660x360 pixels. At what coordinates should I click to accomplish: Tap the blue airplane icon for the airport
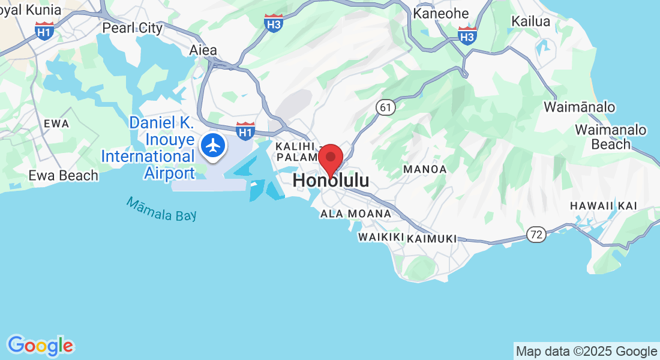coord(212,145)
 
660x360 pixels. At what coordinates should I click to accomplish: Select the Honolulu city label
coord(331,181)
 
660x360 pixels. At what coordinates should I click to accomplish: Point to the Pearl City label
coord(132,28)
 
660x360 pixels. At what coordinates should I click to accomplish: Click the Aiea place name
coord(203,50)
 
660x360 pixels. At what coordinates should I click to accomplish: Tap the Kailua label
coord(530,22)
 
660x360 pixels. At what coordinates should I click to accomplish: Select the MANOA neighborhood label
coord(425,169)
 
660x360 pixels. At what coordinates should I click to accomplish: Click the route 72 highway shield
coord(537,235)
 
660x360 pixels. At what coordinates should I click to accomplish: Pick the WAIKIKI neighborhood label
coord(380,238)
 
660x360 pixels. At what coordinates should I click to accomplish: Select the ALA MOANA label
coord(355,214)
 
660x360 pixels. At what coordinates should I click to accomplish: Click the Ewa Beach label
coord(63,176)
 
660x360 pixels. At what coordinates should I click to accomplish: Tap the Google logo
coord(40,346)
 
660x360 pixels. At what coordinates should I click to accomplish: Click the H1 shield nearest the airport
coord(245,130)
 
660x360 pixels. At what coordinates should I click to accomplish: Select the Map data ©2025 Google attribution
coord(586,352)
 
